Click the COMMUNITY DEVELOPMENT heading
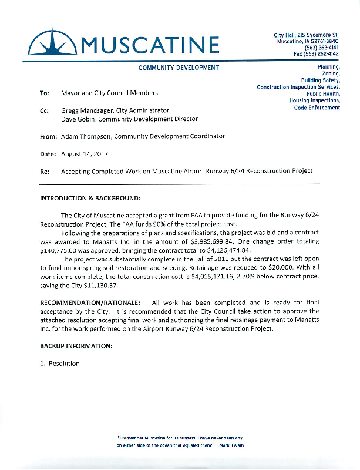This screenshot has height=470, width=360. coord(179,68)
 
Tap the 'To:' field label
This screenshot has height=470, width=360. coord(44,93)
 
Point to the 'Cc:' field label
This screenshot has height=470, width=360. coord(44,110)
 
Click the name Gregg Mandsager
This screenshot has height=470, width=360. coord(88,110)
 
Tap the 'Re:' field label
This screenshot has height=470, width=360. coord(44,171)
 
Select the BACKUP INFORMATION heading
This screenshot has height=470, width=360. coord(76,346)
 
